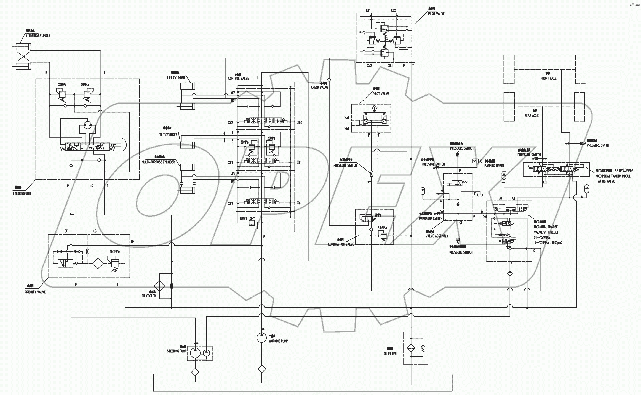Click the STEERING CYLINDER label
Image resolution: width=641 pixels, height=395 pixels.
click(x=38, y=36)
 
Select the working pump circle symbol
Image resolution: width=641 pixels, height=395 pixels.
click(x=261, y=337)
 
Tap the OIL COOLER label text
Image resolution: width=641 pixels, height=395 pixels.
click(x=149, y=296)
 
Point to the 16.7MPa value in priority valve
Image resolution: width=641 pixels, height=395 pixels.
click(x=115, y=251)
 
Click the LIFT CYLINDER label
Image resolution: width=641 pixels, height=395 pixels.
click(x=176, y=78)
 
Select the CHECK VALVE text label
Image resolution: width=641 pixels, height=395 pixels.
click(x=320, y=88)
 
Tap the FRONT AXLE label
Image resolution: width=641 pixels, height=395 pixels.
click(x=548, y=79)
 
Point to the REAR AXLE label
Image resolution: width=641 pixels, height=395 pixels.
click(x=531, y=116)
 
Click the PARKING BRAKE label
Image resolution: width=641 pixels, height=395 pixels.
click(x=494, y=166)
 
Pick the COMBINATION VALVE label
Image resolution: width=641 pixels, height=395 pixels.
click(x=341, y=244)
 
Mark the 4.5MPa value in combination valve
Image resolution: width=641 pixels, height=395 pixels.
click(x=382, y=228)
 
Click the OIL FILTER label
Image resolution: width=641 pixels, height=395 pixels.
click(x=390, y=354)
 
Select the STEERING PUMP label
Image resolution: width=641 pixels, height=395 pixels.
click(x=177, y=351)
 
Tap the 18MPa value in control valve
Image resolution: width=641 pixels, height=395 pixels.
click(x=243, y=218)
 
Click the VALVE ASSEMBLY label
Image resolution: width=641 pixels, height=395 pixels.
click(x=437, y=236)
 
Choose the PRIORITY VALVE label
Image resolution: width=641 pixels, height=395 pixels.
click(x=35, y=292)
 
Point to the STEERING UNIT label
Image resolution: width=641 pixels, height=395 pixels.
click(x=22, y=194)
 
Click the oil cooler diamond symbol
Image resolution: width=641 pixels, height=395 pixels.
click(x=160, y=286)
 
